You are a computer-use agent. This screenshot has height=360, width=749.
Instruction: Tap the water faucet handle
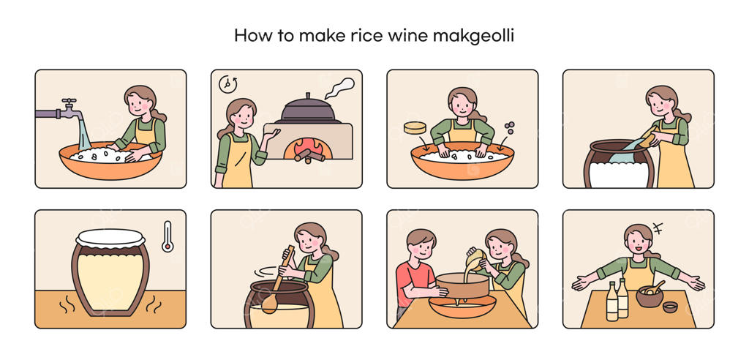point(69,102)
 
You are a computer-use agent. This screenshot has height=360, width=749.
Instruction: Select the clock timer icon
point(227,83)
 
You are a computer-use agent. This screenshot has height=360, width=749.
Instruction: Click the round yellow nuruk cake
point(415,127)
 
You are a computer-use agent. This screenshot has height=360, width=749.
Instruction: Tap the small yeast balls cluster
point(510,127)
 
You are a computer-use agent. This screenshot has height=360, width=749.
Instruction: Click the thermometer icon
point(168,236)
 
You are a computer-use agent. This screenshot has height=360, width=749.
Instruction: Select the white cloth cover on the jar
point(110,238)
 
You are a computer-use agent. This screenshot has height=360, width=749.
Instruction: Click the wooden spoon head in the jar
point(269,304)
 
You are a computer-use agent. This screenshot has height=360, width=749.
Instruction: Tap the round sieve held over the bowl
point(463,285)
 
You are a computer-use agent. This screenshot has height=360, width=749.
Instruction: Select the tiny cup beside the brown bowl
point(670,307)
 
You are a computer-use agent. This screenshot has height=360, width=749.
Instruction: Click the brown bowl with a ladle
point(650,296)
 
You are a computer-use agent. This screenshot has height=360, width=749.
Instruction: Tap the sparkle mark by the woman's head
point(658,228)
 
